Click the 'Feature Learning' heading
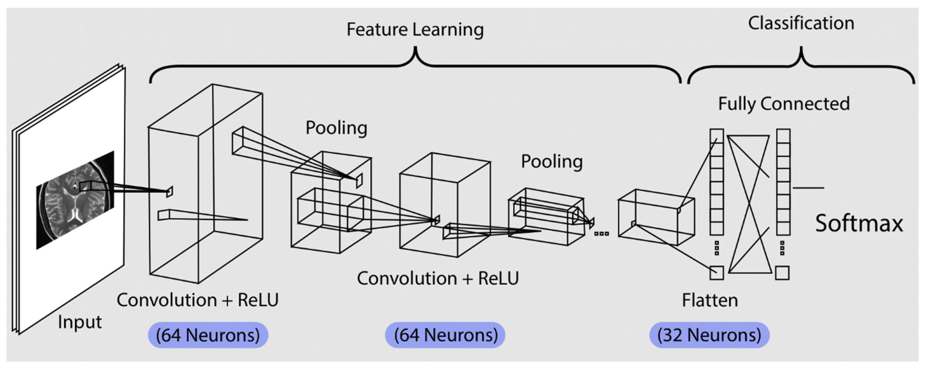click(x=415, y=29)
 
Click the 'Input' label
click(x=80, y=322)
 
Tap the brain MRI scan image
click(x=75, y=200)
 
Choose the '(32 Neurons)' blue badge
click(x=709, y=335)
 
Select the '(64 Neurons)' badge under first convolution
click(x=208, y=335)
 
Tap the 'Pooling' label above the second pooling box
click(x=552, y=162)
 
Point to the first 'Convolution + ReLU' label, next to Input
click(x=198, y=300)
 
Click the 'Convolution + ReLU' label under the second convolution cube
click(x=438, y=278)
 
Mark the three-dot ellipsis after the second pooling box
click(x=601, y=234)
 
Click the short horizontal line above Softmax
click(x=808, y=188)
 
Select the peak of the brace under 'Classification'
click(x=801, y=47)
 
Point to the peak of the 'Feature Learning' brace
click(x=415, y=47)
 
